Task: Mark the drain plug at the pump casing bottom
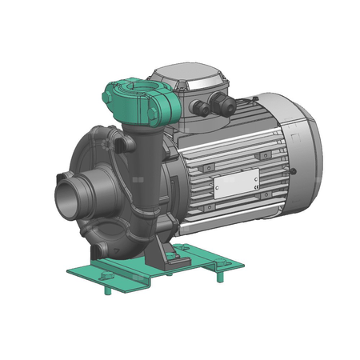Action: [103, 251]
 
